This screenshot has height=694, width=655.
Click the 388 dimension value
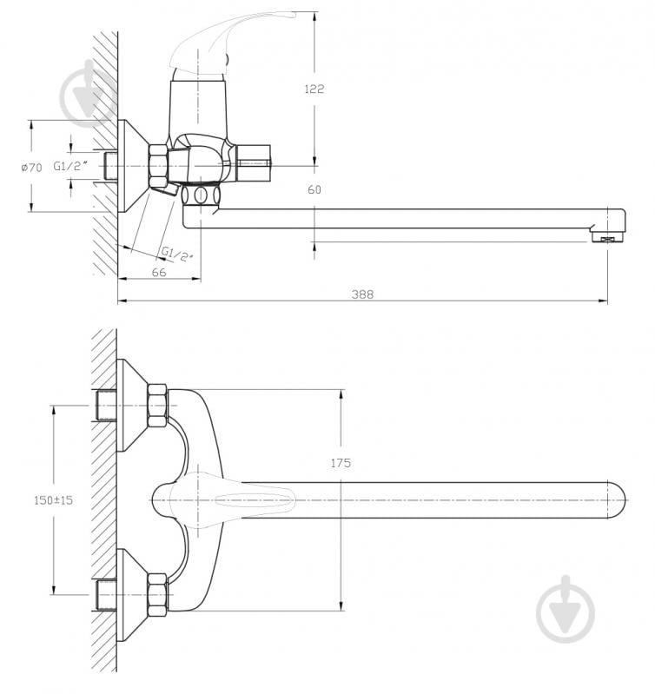[362, 294]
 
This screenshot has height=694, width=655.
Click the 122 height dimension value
[314, 89]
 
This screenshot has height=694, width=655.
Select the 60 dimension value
[314, 189]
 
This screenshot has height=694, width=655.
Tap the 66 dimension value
[159, 272]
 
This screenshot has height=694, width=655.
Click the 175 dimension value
[341, 463]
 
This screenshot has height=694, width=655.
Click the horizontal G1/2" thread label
[70, 165]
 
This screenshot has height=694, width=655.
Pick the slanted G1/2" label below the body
[177, 253]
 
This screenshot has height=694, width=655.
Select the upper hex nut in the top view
[157, 405]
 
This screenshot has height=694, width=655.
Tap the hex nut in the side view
[159, 165]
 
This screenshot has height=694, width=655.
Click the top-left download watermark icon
[89, 92]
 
